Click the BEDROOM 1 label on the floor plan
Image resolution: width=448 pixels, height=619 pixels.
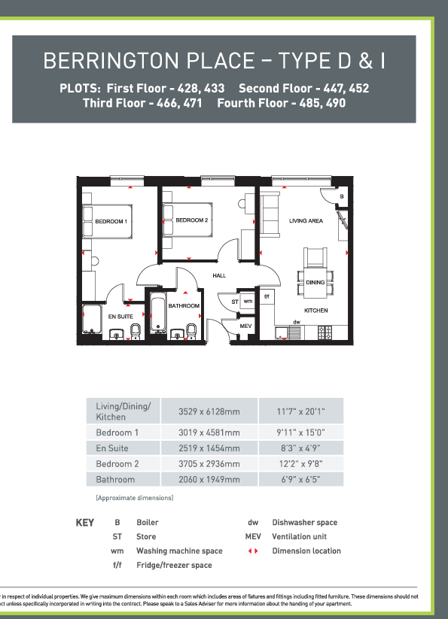click(x=111, y=221)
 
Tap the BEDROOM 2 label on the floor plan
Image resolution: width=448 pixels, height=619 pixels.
click(x=191, y=220)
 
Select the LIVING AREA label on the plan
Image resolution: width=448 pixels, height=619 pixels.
click(x=306, y=220)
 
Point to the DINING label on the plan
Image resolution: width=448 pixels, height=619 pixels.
click(x=315, y=282)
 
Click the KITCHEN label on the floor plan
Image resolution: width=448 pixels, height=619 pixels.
click(x=315, y=310)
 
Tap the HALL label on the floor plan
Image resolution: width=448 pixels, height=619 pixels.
click(x=219, y=276)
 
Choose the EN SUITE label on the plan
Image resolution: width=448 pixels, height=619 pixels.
click(x=120, y=317)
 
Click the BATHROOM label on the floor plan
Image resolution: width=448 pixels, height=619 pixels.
click(x=184, y=306)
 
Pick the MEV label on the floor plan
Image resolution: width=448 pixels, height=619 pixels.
click(x=245, y=326)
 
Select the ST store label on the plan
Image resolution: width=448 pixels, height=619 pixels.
click(x=235, y=302)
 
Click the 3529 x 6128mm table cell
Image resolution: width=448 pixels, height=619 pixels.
click(x=209, y=411)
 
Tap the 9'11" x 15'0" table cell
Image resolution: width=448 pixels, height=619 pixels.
click(x=300, y=432)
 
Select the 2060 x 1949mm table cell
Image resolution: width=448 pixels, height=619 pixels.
click(x=209, y=479)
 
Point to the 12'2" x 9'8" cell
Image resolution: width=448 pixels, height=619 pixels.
click(x=300, y=463)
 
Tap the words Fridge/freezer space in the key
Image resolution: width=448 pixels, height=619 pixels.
click(x=174, y=565)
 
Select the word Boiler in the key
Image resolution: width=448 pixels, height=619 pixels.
click(x=148, y=522)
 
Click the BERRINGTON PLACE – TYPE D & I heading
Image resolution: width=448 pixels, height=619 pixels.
click(x=214, y=60)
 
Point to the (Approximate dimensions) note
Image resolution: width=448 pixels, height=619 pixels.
click(x=134, y=498)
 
